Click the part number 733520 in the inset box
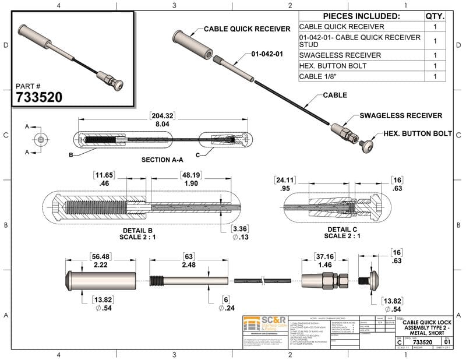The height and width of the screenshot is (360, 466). coord(38,96)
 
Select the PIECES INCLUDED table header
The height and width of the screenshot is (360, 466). coord(361,16)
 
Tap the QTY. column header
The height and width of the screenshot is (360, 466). coord(435,16)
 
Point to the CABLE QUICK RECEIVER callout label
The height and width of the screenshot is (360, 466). coord(247,29)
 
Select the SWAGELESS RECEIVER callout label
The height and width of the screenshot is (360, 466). coord(401,115)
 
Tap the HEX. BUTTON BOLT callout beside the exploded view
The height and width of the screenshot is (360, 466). coord(418,133)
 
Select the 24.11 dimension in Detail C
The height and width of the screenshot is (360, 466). coord(285,180)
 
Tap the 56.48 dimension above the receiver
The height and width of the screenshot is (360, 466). coord(101,256)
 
